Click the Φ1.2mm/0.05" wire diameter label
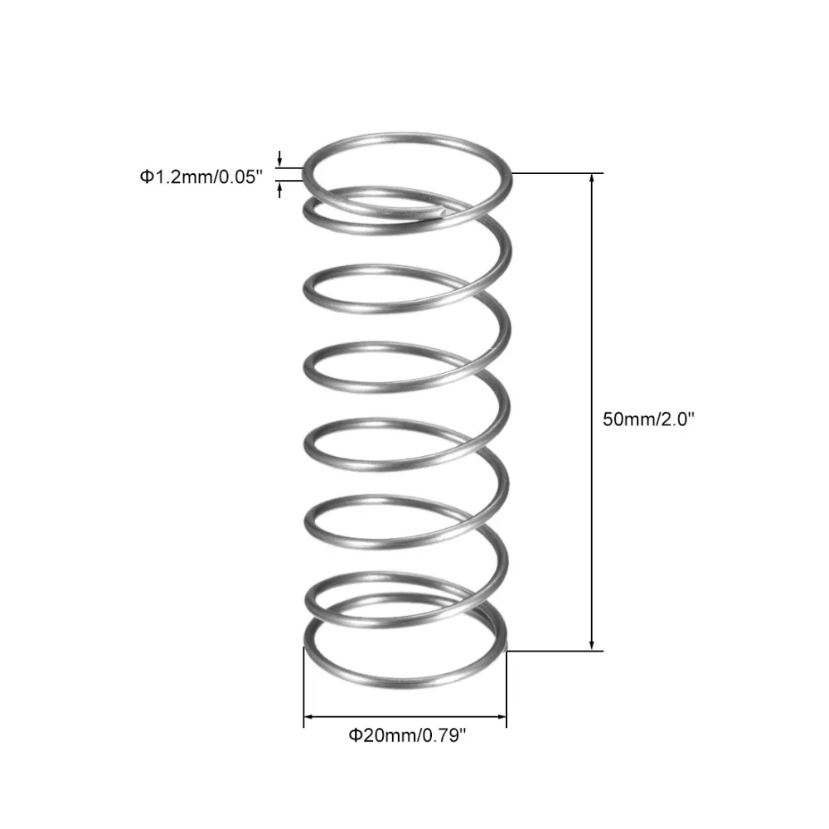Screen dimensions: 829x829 (201, 177)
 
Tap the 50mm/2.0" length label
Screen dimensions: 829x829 (648, 419)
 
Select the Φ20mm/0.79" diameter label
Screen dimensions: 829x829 (407, 735)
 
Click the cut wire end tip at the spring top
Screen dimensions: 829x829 (442, 211)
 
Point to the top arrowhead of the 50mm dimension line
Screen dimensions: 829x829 (592, 177)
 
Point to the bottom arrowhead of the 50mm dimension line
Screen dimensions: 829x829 (592, 646)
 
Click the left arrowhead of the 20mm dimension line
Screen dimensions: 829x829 (308, 717)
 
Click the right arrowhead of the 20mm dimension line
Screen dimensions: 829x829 (502, 717)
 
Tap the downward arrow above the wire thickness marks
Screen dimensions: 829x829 (279, 158)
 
